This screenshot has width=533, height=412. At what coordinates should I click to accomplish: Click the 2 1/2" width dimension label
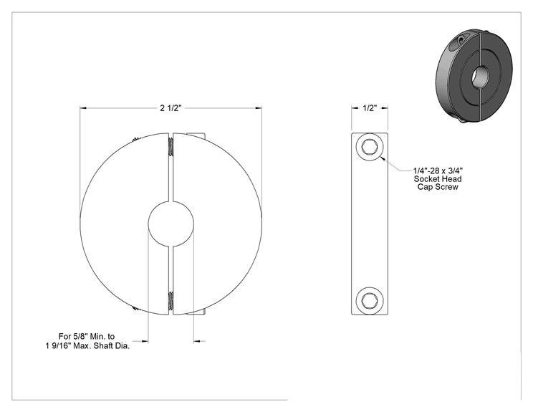pyautogui.click(x=171, y=108)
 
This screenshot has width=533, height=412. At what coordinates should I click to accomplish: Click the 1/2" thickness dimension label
pyautogui.click(x=370, y=108)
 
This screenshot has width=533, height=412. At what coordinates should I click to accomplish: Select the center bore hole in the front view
pyautogui.click(x=171, y=224)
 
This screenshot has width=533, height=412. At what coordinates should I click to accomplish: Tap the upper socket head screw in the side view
pyautogui.click(x=370, y=147)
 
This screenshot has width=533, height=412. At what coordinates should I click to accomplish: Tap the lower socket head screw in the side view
pyautogui.click(x=370, y=300)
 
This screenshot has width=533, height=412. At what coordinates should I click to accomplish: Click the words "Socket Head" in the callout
pyautogui.click(x=438, y=179)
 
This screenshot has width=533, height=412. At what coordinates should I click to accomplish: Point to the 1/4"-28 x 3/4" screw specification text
pyautogui.click(x=438, y=171)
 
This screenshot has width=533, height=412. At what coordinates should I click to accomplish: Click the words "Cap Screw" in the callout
pyautogui.click(x=438, y=187)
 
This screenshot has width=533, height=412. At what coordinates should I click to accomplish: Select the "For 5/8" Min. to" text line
pyautogui.click(x=87, y=337)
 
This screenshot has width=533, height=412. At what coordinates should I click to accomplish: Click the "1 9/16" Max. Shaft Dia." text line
pyautogui.click(x=87, y=346)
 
